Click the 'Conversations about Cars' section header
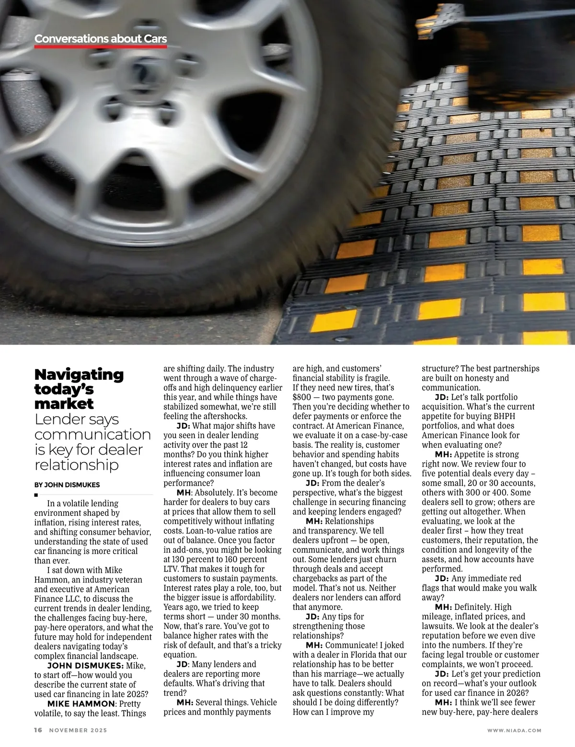(x=101, y=39)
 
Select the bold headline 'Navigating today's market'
(x=79, y=389)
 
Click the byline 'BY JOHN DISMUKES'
(x=67, y=485)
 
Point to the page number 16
(x=38, y=730)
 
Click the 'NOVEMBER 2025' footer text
(x=78, y=730)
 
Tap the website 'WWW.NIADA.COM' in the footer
(x=514, y=730)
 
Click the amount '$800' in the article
(x=302, y=397)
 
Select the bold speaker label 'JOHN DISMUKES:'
(x=85, y=666)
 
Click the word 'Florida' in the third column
(x=365, y=654)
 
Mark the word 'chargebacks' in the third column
(x=316, y=578)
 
